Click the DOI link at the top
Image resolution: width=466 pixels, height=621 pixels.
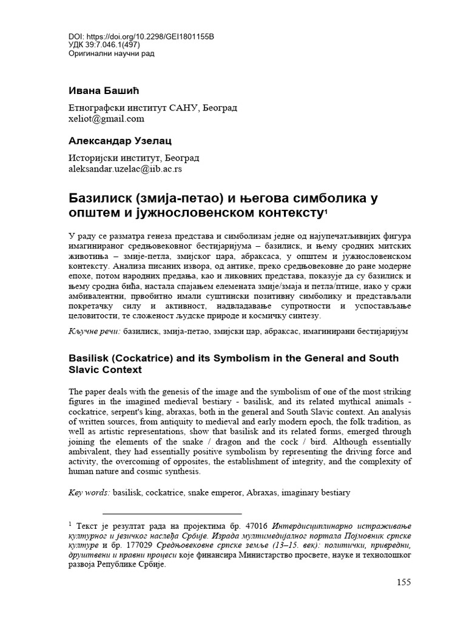coord(141,36)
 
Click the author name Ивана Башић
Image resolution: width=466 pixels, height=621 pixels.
coord(103,91)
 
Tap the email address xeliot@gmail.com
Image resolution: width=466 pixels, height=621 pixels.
coord(106,119)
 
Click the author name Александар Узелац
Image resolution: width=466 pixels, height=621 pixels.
coord(119,141)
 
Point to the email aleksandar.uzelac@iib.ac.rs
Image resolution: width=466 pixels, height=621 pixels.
coord(125,169)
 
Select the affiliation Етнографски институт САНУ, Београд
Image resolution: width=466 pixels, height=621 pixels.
coord(152,107)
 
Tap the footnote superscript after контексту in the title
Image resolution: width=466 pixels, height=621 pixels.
coord(326,210)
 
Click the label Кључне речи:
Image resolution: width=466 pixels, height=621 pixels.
coord(93,332)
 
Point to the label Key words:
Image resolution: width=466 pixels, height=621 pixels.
coord(89,492)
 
